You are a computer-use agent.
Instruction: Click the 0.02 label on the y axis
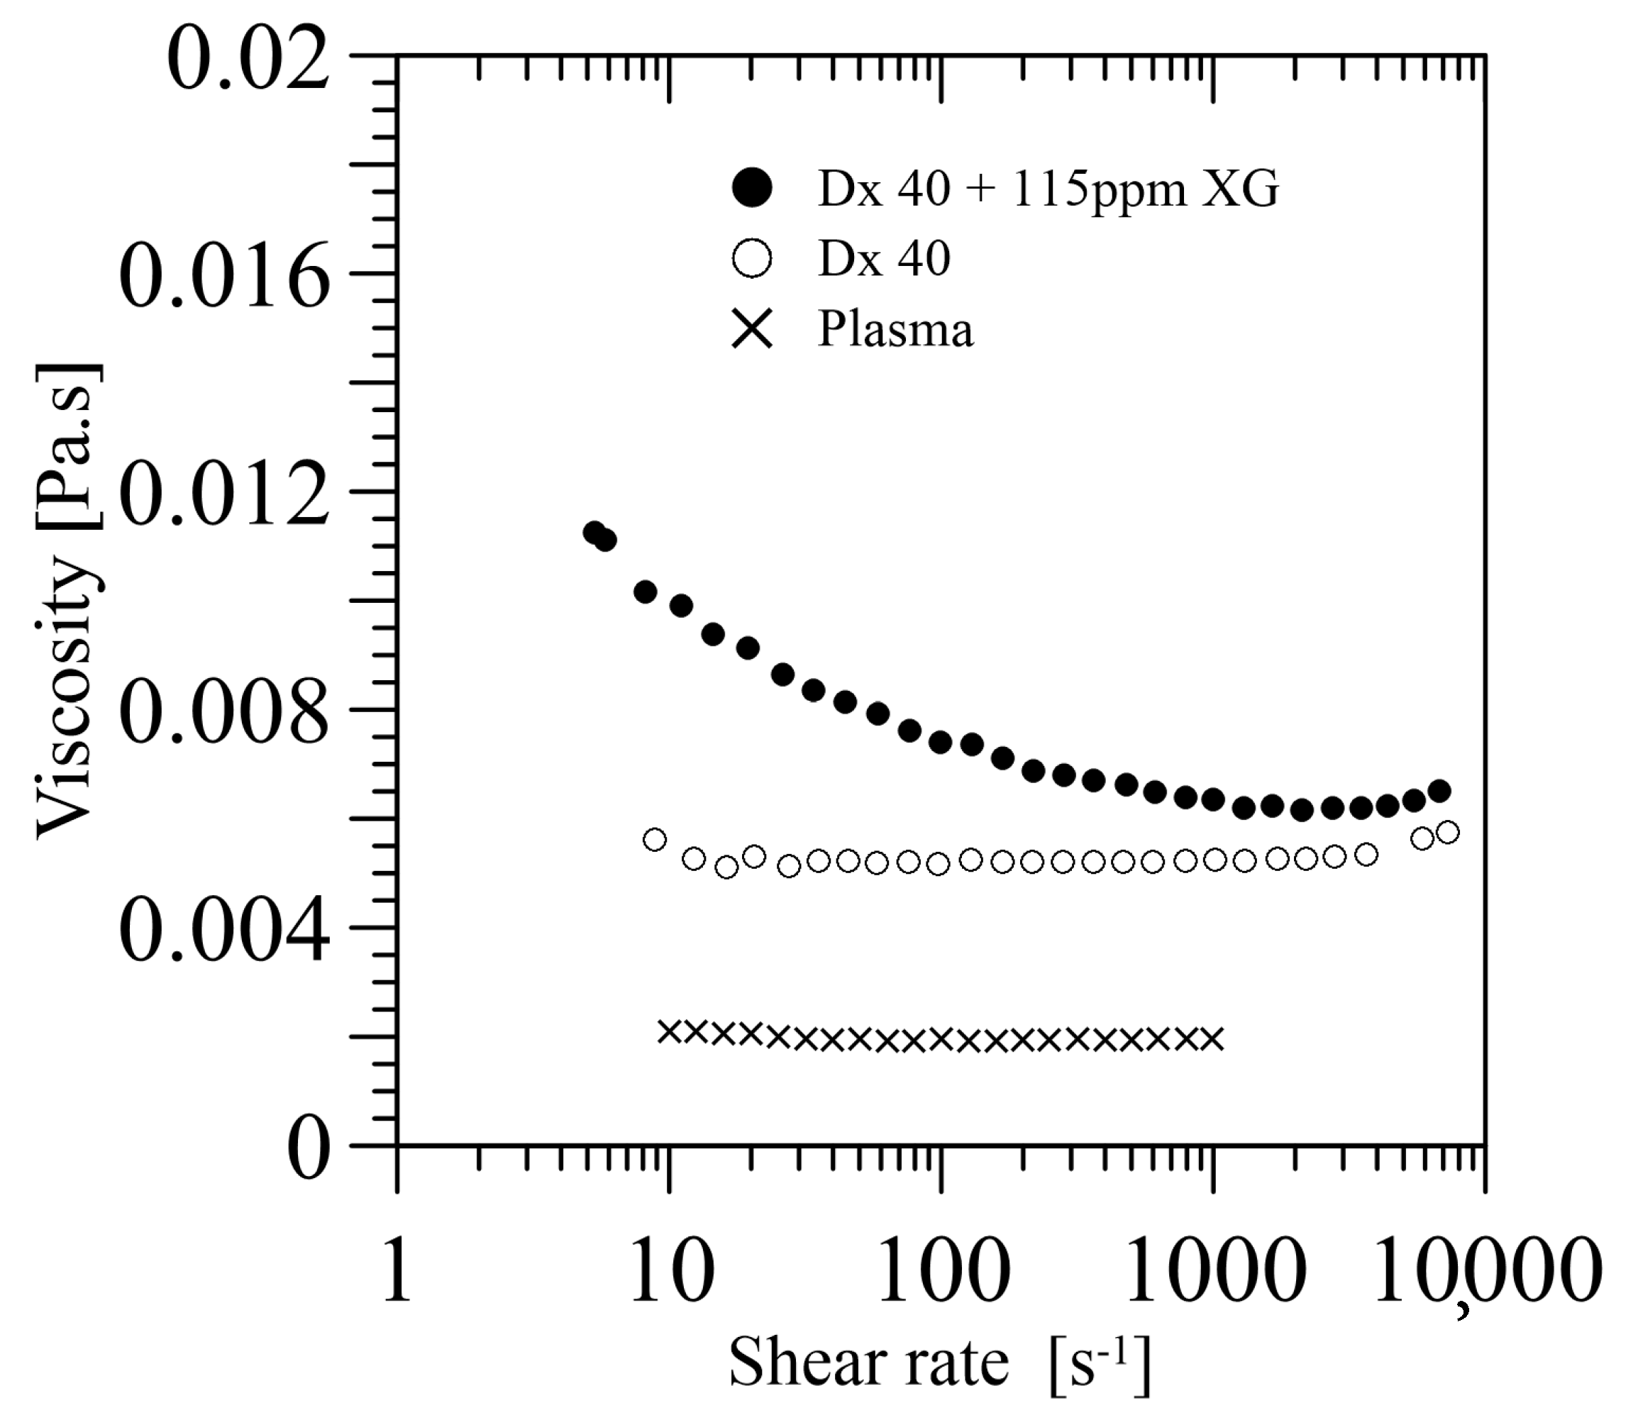(x=248, y=56)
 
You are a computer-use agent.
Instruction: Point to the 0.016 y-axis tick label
(x=224, y=274)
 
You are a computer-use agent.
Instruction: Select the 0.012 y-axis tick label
(x=224, y=492)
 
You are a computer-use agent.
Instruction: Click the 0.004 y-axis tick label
(x=224, y=928)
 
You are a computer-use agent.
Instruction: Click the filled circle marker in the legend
(x=752, y=189)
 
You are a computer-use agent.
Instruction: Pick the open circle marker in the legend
(x=752, y=258)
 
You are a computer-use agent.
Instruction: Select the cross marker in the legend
(x=752, y=328)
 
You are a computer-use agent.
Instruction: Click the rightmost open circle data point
(x=1447, y=832)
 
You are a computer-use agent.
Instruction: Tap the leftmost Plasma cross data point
(x=670, y=1031)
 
